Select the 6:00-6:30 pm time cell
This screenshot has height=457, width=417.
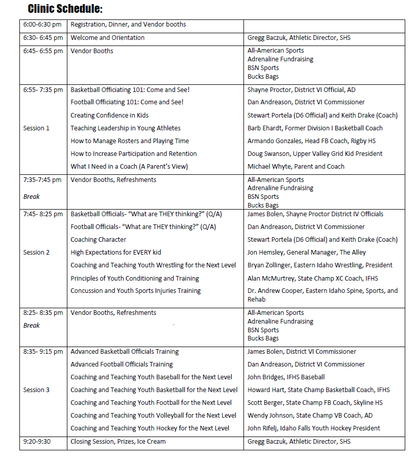click(42, 25)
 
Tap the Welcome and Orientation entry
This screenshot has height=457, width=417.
click(107, 38)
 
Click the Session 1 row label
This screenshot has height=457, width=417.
click(37, 128)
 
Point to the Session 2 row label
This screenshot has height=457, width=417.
click(37, 253)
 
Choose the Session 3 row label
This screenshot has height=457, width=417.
click(37, 390)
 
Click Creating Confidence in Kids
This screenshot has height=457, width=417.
click(110, 116)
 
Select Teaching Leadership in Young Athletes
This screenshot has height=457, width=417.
click(126, 128)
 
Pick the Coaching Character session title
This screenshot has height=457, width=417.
click(99, 240)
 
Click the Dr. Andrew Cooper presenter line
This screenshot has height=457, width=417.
click(322, 291)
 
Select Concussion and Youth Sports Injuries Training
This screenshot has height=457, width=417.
click(136, 291)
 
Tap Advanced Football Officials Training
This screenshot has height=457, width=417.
click(121, 364)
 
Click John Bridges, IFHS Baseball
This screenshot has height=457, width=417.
click(286, 377)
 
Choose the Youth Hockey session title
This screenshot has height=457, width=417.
click(150, 428)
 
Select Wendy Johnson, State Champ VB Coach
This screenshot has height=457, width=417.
click(310, 416)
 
